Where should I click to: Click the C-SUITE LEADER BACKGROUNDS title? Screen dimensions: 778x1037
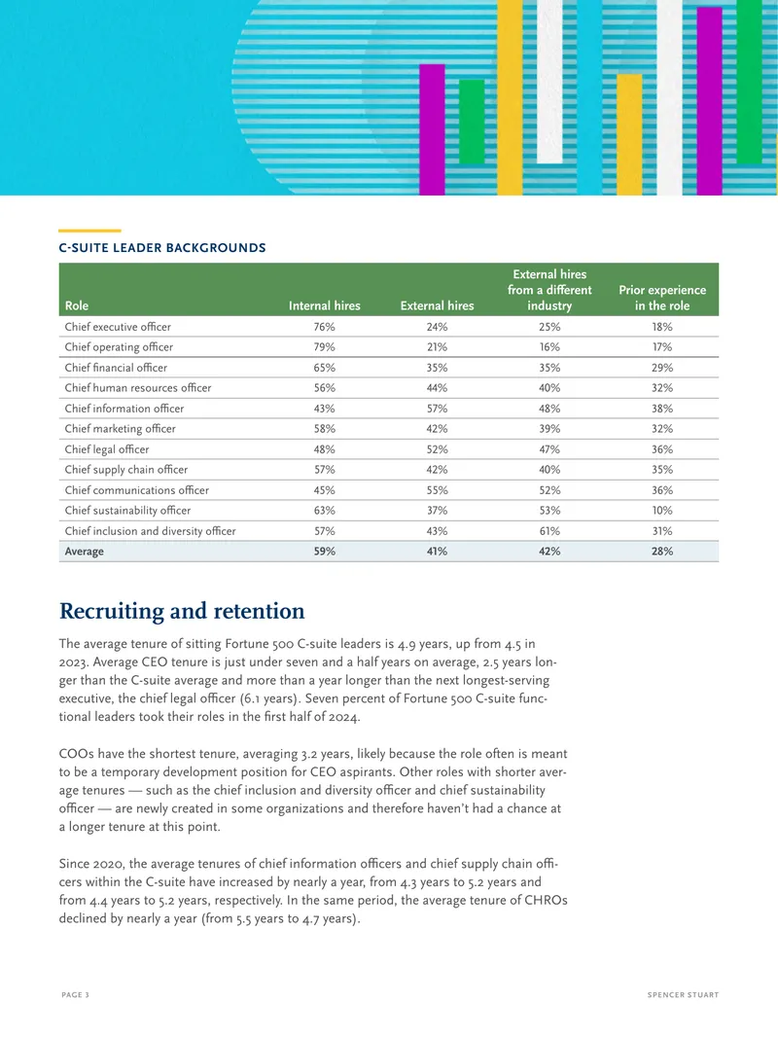tap(162, 248)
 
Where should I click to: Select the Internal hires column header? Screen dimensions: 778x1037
tap(325, 305)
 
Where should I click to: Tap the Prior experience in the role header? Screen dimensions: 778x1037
tap(662, 298)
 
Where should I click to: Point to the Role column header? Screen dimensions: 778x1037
tap(77, 305)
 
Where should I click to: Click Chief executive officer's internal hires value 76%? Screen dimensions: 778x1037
tap(325, 327)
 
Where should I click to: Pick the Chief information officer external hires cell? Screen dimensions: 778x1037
tap(437, 409)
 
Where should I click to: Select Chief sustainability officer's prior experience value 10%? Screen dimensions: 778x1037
tap(662, 511)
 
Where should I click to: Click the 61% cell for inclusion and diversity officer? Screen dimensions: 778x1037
tap(549, 531)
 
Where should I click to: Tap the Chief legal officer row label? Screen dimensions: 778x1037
tap(107, 449)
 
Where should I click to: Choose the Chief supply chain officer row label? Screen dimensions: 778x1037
tap(126, 470)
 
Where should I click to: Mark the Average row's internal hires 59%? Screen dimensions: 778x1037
tap(325, 552)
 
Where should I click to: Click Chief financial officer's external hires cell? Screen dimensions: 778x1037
tap(437, 368)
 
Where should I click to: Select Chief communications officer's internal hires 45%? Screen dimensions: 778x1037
tap(325, 490)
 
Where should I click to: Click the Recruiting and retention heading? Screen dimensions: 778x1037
tap(182, 611)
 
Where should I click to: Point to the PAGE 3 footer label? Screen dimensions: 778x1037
tap(75, 994)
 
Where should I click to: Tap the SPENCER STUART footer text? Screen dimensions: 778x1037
tap(683, 994)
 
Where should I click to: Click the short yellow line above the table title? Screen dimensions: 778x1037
tap(89, 231)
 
